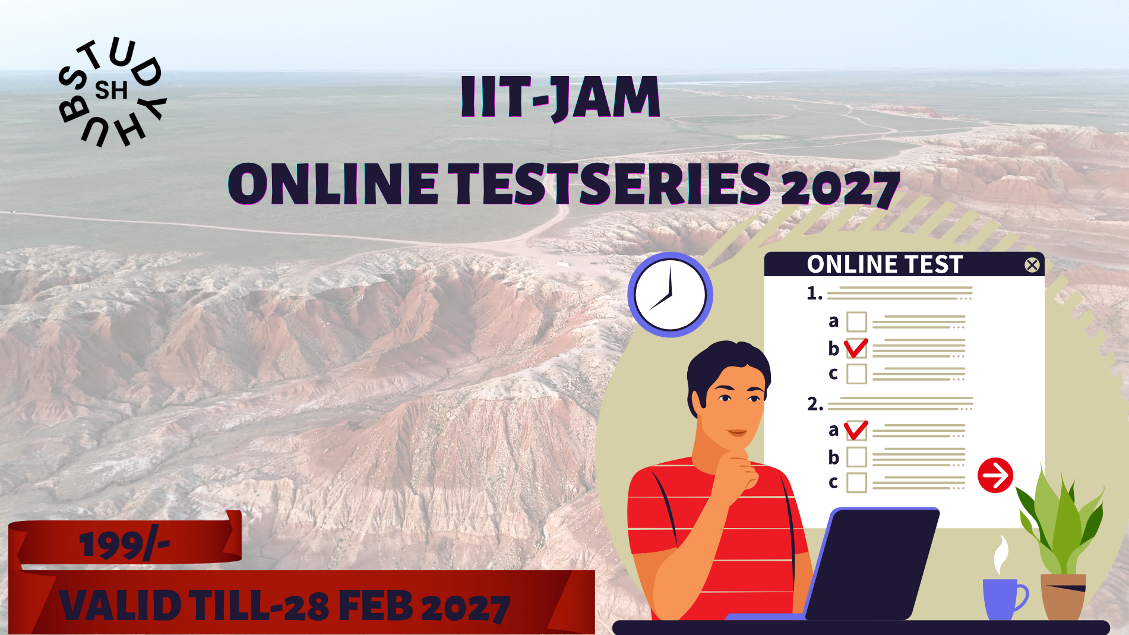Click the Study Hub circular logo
point(112,92)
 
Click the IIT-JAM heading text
point(560,97)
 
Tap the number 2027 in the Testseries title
point(840,187)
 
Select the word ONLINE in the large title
point(333,184)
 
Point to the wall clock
point(670,295)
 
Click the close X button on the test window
point(1032,265)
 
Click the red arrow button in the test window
point(995,475)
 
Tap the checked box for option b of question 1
point(856,348)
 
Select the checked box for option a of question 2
point(856,430)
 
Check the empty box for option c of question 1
point(856,374)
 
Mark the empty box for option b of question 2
point(856,457)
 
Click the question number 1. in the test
point(814,293)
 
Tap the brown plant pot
point(1064,596)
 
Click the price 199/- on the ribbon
point(124,545)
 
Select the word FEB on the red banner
point(375,606)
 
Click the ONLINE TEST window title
point(884,264)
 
